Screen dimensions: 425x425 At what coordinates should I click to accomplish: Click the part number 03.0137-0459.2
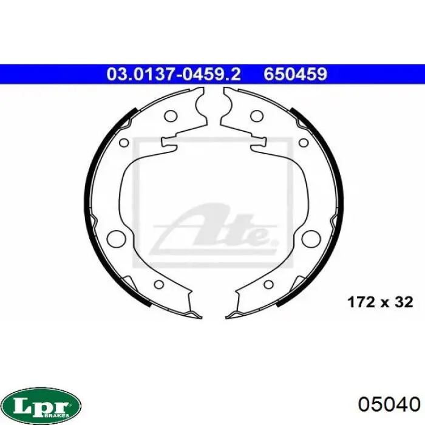pos(174,74)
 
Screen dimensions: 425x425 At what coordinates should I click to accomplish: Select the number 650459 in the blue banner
pos(296,74)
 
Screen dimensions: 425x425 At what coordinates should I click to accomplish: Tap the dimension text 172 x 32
pos(380,302)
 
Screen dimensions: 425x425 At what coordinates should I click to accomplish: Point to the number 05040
pos(389,405)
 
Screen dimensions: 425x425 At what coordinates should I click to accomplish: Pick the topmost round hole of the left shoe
pos(171,117)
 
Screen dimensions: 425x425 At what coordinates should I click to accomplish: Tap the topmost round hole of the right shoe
pos(257,117)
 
